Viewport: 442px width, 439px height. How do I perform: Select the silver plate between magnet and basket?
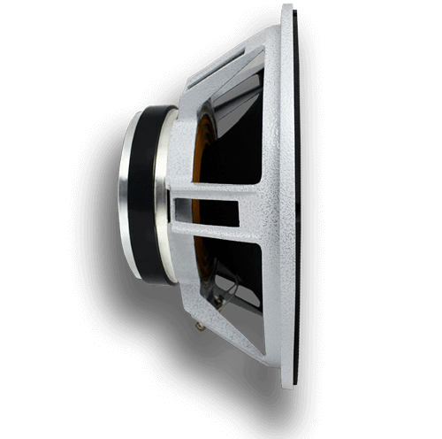163,195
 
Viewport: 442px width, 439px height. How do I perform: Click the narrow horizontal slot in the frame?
207,210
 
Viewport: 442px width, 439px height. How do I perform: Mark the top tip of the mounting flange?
288,7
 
